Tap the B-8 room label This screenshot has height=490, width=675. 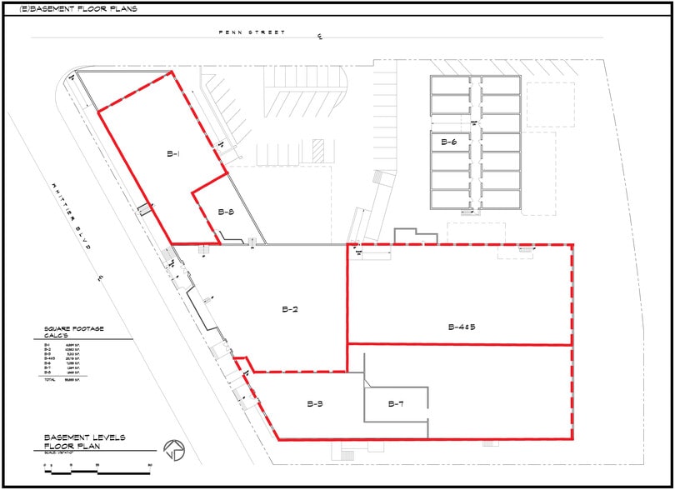225,212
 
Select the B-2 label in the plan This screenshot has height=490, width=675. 290,309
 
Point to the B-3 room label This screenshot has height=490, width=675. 314,404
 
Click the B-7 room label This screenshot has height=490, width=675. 396,404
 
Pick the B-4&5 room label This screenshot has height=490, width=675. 462,326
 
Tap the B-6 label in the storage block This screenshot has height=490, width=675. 448,142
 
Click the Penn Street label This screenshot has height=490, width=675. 252,32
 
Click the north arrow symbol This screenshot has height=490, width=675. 174,449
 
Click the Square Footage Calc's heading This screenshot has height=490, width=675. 74,332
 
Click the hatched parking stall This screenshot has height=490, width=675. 317,152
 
